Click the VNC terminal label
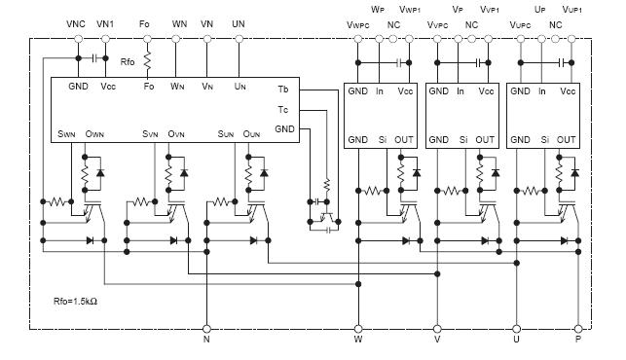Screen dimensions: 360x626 pos(76,23)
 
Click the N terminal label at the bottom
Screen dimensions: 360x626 pos(205,342)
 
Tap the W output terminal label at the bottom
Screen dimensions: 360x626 pos(358,342)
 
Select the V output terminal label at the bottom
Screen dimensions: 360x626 pos(436,342)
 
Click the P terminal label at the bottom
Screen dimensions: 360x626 pos(579,342)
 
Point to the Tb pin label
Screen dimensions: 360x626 pos(282,90)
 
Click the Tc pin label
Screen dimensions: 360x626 pos(282,110)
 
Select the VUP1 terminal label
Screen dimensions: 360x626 pos(573,9)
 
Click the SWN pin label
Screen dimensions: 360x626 pos(67,133)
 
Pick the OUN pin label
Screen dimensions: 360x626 pos(255,133)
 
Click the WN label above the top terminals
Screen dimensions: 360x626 pos(179,23)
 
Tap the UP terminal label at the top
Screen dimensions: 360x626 pos(540,9)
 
